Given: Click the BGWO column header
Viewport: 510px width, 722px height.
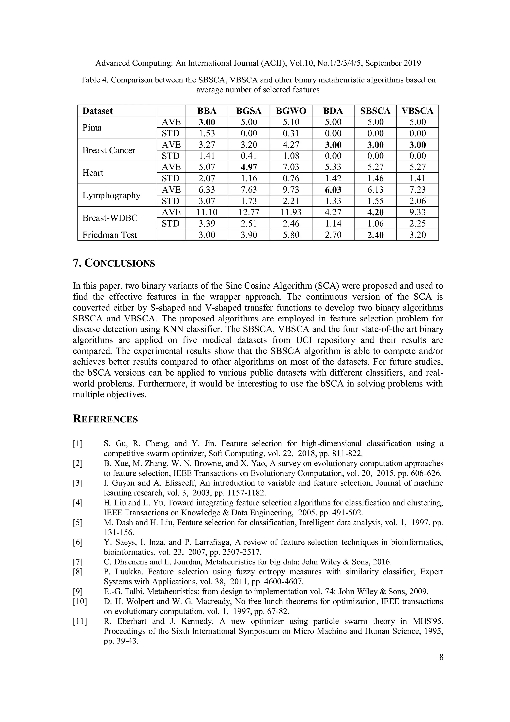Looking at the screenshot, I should click(291, 111).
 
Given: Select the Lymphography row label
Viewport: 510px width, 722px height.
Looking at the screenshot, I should click(111, 195).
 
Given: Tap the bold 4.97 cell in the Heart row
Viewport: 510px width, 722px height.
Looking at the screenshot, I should click(249, 167).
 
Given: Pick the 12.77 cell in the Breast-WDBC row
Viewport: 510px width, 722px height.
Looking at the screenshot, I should click(249, 212).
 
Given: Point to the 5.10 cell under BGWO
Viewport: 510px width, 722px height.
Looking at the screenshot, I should click(291, 122).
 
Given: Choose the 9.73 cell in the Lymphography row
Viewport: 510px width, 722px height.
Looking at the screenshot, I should click(291, 190).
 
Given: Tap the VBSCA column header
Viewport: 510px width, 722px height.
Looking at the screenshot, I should click(417, 111).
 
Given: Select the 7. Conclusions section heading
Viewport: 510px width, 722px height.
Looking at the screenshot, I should click(114, 263).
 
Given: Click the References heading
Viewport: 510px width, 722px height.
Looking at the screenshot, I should click(105, 419).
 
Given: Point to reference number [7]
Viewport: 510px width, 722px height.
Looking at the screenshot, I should click(78, 562).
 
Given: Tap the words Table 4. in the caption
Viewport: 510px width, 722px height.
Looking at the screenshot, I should click(94, 80).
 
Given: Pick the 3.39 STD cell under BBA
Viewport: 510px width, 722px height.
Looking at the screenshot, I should click(206, 224).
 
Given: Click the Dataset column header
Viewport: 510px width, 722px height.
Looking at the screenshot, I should click(97, 111).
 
